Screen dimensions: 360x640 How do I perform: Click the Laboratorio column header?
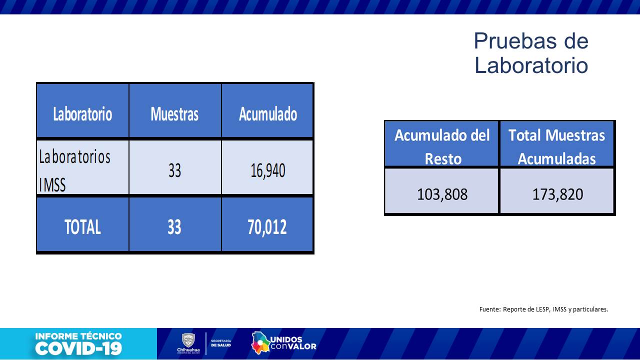[x=82, y=114]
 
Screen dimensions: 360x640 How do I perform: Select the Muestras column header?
[x=174, y=114]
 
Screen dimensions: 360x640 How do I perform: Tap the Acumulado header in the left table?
[x=267, y=114]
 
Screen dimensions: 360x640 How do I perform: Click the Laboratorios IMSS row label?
[x=74, y=170]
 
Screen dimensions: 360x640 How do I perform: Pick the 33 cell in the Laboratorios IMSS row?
[x=174, y=171]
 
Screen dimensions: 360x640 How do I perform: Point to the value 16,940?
[x=267, y=171]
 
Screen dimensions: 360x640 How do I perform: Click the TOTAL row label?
[x=82, y=227]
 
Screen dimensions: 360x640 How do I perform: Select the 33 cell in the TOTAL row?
[x=174, y=227]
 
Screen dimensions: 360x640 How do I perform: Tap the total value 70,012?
[x=267, y=227]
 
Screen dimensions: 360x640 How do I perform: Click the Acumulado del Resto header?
[x=442, y=146]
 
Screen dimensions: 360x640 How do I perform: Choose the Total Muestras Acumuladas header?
[x=557, y=146]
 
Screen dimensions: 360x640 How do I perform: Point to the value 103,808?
[x=442, y=193]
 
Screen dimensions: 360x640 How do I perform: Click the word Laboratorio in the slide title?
[x=531, y=65]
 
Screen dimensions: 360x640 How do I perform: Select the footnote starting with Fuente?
[x=543, y=309]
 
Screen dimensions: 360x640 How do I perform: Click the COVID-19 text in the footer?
[x=78, y=348]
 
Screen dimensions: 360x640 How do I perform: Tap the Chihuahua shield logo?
[x=188, y=340]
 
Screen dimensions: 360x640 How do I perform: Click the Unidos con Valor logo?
[x=283, y=343]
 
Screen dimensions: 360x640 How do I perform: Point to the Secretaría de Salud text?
[x=221, y=343]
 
